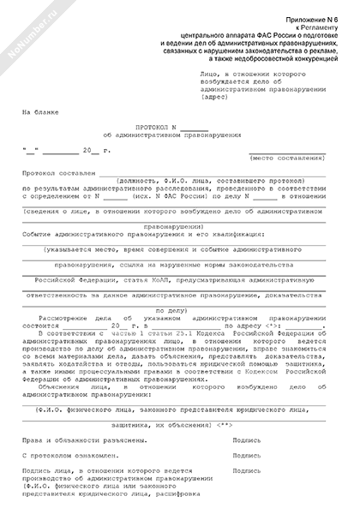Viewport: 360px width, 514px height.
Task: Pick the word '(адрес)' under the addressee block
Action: pyautogui.click(x=208, y=96)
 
